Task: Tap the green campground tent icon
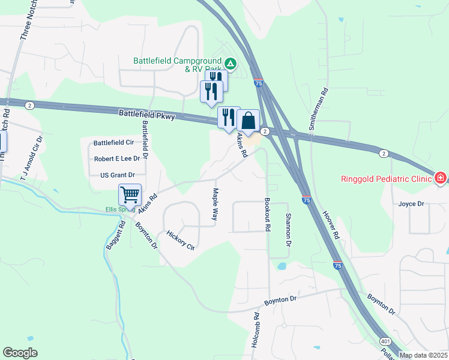(x=229, y=63)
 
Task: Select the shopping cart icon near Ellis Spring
(x=130, y=195)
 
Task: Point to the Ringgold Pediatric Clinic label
(x=387, y=179)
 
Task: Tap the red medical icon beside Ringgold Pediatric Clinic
(x=441, y=178)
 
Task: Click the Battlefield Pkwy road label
(x=146, y=115)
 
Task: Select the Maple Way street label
(x=215, y=205)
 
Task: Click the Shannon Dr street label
(x=288, y=230)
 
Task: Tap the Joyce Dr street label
(x=411, y=204)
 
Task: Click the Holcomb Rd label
(x=256, y=332)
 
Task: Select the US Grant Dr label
(x=117, y=175)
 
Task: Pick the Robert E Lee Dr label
(x=116, y=159)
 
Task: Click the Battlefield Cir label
(x=113, y=143)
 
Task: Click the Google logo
(x=20, y=353)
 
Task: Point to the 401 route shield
(x=385, y=341)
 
